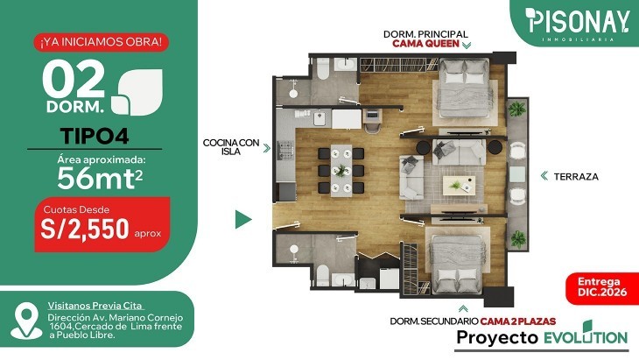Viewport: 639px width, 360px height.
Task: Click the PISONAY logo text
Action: (577, 21)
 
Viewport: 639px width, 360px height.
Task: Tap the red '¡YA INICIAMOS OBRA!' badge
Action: (101, 42)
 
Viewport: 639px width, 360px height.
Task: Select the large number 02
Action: (74, 79)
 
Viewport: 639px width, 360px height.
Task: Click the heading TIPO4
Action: (95, 136)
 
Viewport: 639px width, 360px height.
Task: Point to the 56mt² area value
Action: (100, 178)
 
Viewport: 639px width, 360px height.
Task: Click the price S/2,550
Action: (85, 229)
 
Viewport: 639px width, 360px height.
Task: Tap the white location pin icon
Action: (26, 321)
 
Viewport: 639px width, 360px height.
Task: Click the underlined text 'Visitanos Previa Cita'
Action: (95, 306)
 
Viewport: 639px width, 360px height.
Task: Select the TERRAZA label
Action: (576, 177)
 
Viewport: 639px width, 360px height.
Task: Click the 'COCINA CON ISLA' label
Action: (231, 147)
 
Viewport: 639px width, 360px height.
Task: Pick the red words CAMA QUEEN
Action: (426, 44)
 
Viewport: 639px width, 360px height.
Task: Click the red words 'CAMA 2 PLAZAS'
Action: (518, 321)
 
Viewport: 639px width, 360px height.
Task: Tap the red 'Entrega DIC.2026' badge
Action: (602, 287)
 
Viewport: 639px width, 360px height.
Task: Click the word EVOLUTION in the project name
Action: (586, 336)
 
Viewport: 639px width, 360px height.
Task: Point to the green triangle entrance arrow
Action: (243, 219)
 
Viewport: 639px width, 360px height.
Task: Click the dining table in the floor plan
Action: (341, 171)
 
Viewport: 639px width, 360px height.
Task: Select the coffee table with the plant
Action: (459, 186)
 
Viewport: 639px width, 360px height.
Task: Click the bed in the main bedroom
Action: (465, 88)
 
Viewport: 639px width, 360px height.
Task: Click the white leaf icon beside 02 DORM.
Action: (137, 92)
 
